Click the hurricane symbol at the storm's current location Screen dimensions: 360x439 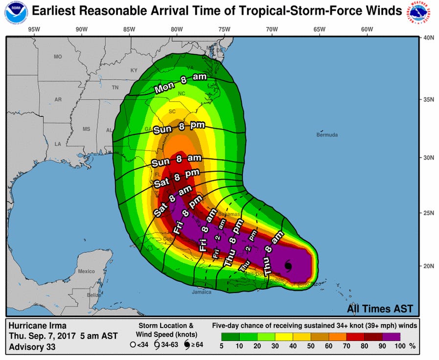288,266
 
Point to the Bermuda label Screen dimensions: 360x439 327,135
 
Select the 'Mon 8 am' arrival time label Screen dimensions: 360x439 181,83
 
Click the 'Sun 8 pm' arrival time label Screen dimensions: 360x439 179,128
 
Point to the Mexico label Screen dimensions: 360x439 86,271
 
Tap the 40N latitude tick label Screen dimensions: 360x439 429,38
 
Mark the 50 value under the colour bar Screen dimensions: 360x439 311,346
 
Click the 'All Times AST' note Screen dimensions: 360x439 380,309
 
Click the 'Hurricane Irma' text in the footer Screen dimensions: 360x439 37,326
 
